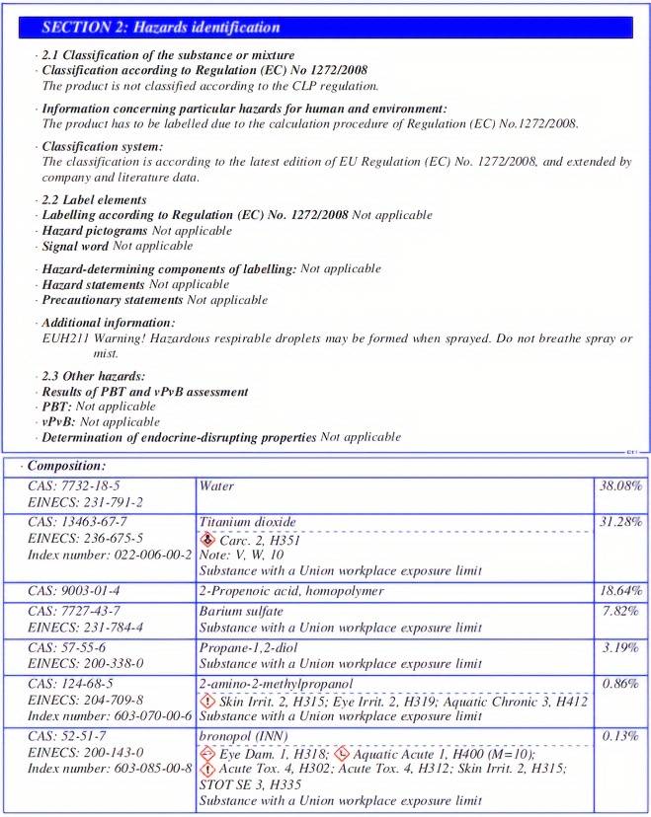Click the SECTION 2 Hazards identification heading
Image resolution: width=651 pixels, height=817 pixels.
pos(161,28)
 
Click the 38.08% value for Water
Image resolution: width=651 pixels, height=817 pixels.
pos(620,486)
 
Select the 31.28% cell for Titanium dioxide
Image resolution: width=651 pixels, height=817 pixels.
pos(620,521)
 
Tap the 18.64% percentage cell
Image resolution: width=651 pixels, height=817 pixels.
pos(620,590)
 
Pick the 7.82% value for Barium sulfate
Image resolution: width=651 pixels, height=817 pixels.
pos(625,612)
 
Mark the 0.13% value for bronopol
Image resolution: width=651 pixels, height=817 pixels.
pos(625,736)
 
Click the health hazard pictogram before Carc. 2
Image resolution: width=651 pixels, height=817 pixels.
pos(206,540)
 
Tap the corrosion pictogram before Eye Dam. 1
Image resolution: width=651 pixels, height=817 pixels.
pos(206,753)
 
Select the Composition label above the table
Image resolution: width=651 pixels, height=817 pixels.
pos(66,465)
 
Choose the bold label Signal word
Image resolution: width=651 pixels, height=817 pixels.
pos(75,246)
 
